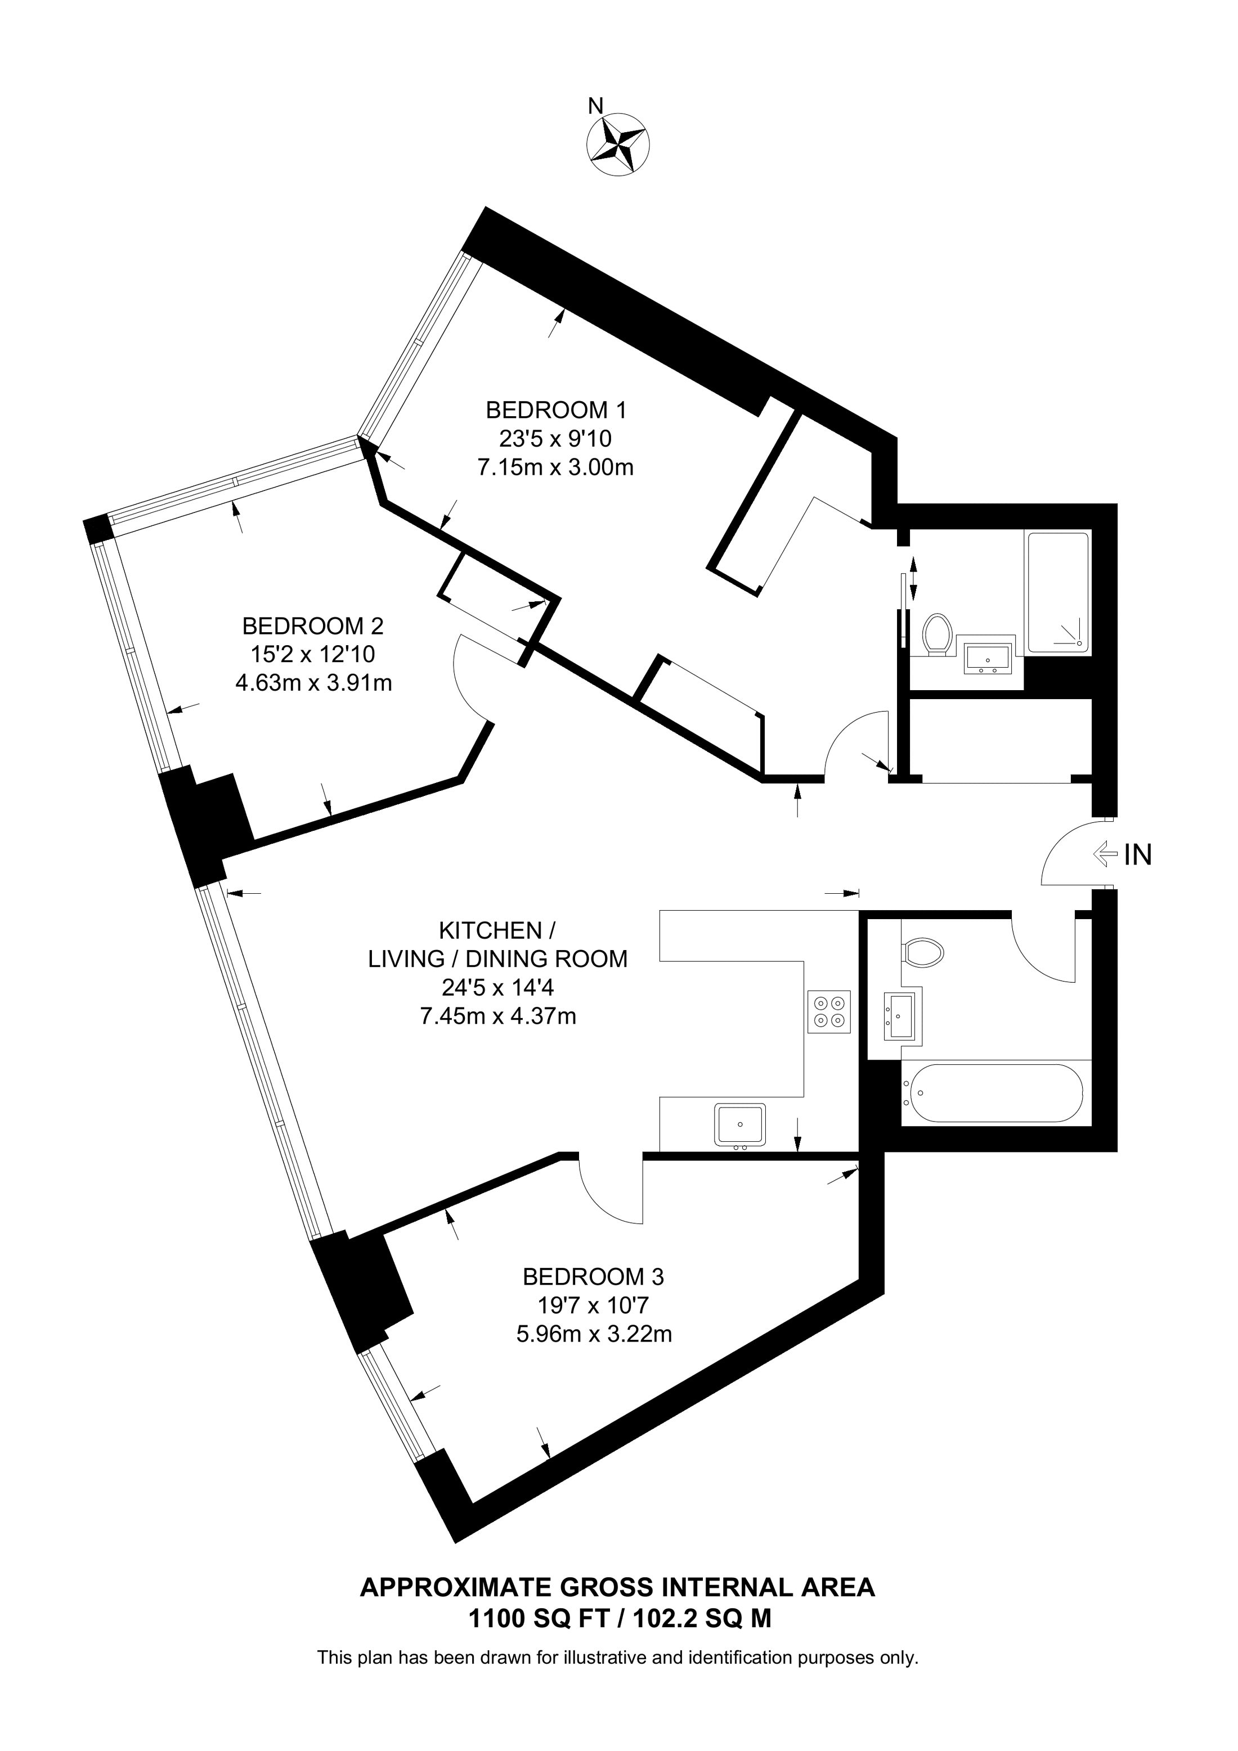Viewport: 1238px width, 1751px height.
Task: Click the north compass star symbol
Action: [618, 144]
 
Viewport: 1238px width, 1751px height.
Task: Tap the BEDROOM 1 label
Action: [556, 410]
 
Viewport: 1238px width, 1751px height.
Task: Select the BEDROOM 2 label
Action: [313, 626]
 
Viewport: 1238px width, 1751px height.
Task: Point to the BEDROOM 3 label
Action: [594, 1277]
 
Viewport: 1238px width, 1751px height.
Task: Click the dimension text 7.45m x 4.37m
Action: [498, 1016]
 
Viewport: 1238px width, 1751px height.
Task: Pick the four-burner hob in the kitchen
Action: [829, 1012]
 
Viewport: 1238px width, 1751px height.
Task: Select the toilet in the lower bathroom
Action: [923, 952]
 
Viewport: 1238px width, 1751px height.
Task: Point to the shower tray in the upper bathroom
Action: [1058, 592]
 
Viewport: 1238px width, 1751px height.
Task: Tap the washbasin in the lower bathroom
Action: [903, 1015]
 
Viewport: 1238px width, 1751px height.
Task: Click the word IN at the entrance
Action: [1138, 855]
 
